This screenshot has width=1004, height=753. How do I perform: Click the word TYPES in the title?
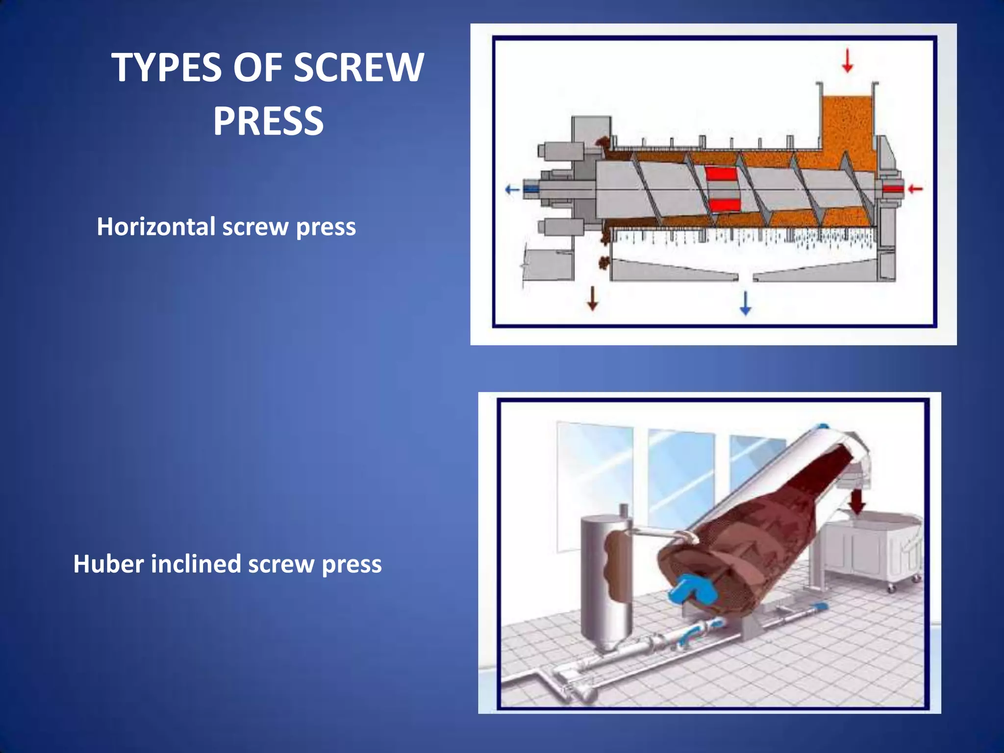[167, 68]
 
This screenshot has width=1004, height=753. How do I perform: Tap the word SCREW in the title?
[358, 68]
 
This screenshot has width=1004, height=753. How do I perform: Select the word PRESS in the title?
[268, 121]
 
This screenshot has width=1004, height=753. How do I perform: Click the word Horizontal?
[156, 227]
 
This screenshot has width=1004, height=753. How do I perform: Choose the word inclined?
[196, 564]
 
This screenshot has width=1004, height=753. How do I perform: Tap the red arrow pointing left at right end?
[915, 189]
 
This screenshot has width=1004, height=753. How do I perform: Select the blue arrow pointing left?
[512, 189]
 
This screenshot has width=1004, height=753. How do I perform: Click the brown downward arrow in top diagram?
[593, 299]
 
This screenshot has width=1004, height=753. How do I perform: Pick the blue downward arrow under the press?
[745, 303]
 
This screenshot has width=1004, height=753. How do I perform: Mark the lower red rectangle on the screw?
[724, 204]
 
